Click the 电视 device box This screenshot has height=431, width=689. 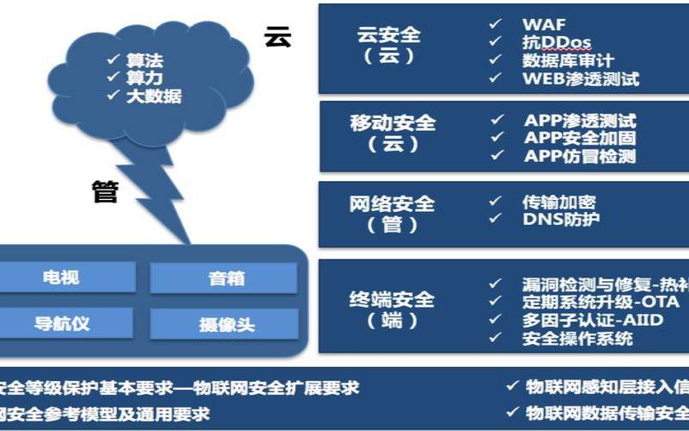pos(61,278)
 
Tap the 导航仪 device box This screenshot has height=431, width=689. pos(61,324)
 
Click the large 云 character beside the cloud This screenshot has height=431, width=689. pos(278,37)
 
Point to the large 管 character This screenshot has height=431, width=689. pos(105,191)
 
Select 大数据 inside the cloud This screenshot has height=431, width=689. pos(153,96)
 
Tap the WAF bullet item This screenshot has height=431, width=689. pos(544,23)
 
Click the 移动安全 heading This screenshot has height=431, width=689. pos(393,123)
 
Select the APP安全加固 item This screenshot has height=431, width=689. pos(580,138)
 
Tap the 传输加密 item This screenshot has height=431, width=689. pos(559,203)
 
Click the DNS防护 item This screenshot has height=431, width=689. pos(561,220)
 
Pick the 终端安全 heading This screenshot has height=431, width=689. pos(392,300)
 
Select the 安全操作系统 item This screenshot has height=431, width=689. pos(577,339)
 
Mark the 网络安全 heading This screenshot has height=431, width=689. pos(392,204)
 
